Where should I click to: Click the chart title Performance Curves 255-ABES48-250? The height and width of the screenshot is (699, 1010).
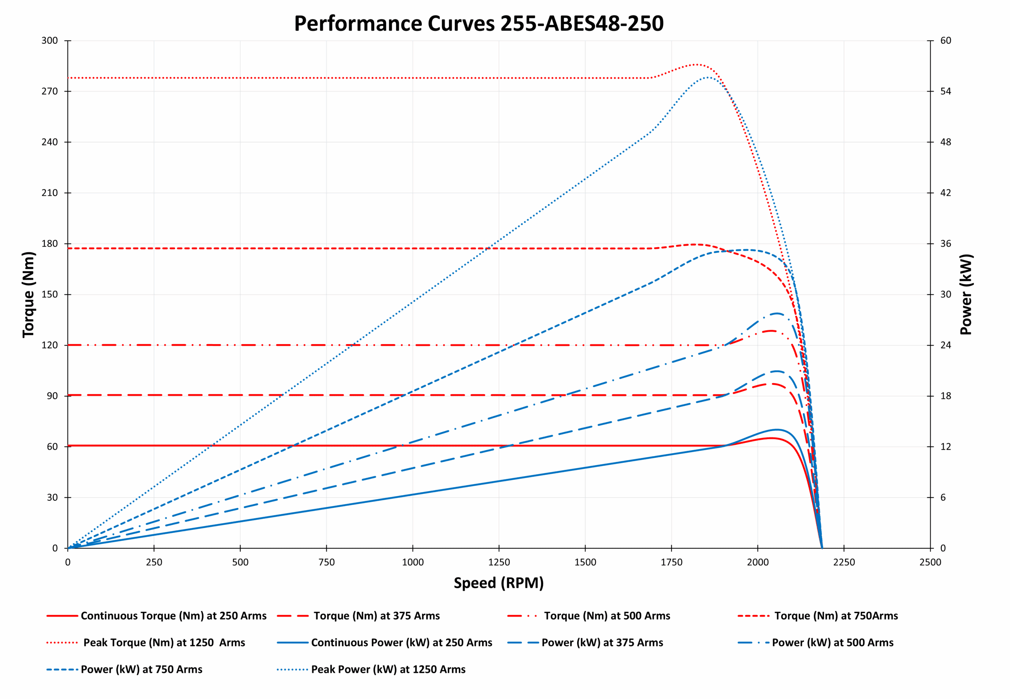tap(479, 24)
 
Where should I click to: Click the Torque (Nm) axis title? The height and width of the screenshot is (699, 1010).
tap(28, 295)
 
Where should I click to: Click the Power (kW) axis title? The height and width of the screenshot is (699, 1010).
tap(966, 295)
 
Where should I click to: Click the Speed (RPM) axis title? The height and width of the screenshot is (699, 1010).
tap(498, 583)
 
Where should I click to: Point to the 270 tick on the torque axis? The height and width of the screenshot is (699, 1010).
tap(50, 91)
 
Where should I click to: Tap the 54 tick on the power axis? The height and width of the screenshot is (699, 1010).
tap(946, 91)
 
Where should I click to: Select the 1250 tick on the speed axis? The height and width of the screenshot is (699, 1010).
tap(499, 562)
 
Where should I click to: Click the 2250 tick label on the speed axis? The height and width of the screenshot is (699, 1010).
tap(844, 562)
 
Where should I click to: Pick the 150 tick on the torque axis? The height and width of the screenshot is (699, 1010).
tap(50, 295)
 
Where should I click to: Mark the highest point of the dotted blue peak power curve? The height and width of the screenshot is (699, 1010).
tap(708, 77)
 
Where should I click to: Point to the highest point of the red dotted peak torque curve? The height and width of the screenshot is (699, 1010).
tap(696, 64)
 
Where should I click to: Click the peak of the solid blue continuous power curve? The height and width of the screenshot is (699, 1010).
tap(776, 429)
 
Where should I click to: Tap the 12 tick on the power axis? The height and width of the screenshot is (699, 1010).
tap(946, 447)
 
